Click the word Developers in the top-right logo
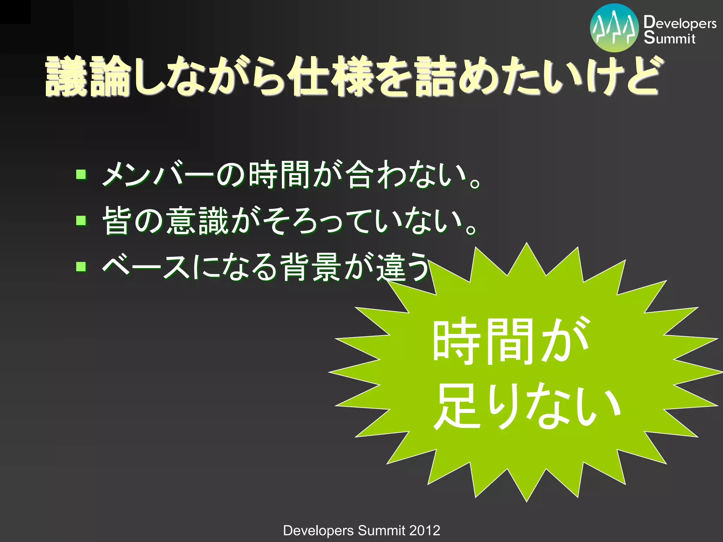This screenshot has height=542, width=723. (680, 23)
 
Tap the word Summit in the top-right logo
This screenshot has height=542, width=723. (669, 38)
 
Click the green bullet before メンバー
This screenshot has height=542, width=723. (81, 174)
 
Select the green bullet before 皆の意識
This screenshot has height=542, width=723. (81, 221)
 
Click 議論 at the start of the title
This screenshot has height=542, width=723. (86, 77)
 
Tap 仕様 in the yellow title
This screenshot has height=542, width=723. (330, 77)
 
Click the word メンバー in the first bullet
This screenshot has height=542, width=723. (157, 174)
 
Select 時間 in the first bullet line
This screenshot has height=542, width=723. (279, 174)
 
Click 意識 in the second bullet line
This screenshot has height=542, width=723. (198, 221)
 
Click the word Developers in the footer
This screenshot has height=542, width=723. (318, 530)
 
